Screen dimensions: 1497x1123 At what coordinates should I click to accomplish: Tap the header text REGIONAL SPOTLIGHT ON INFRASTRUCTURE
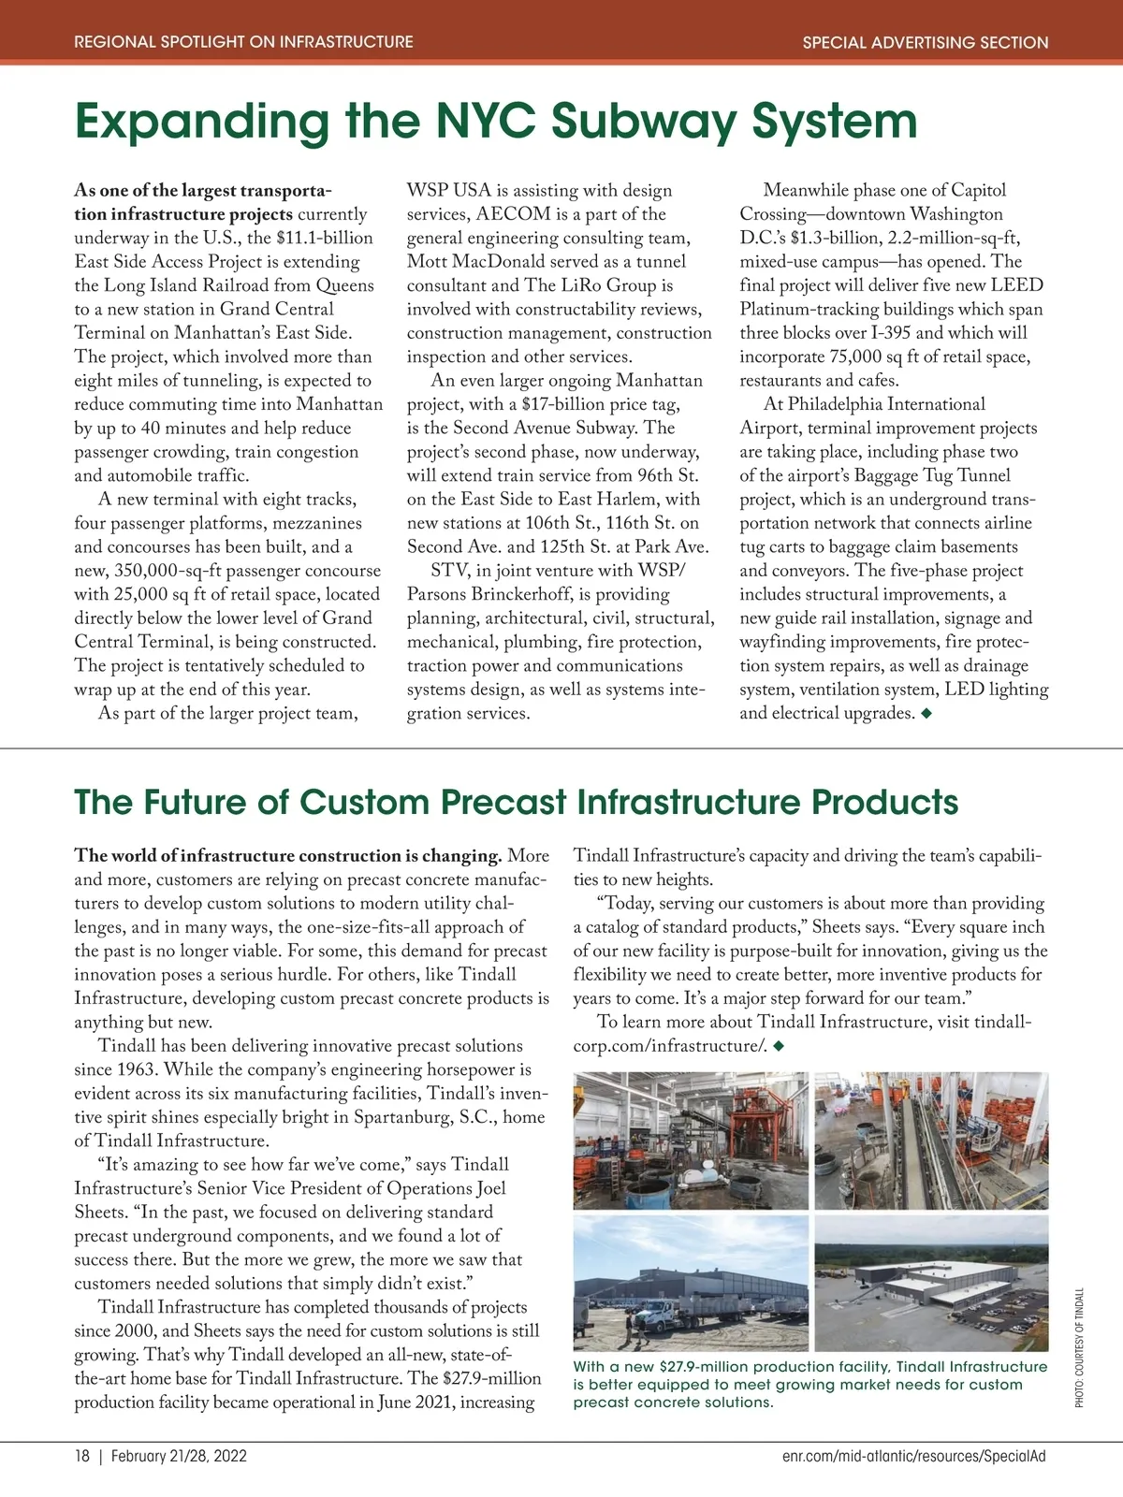tap(243, 42)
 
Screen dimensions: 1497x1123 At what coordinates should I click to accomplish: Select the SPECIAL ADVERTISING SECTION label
tap(926, 42)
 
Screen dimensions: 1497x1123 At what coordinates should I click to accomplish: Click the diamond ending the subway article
tap(926, 714)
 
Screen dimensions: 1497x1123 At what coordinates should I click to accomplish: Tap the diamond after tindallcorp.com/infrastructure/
tap(778, 1046)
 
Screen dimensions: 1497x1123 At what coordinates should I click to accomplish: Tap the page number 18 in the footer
tap(82, 1457)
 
